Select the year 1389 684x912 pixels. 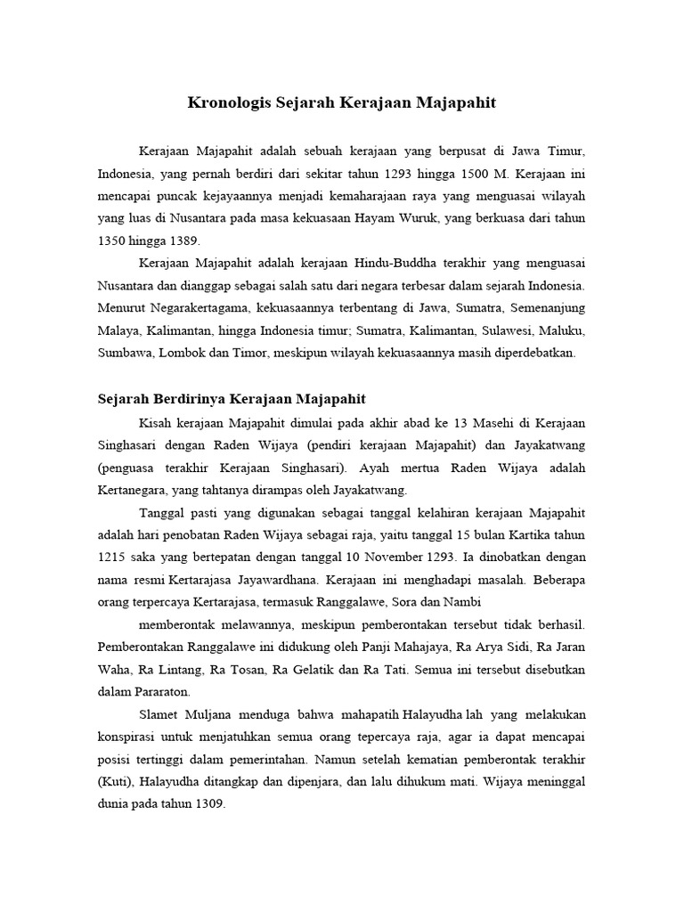point(183,240)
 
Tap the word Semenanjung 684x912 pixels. point(543,308)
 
